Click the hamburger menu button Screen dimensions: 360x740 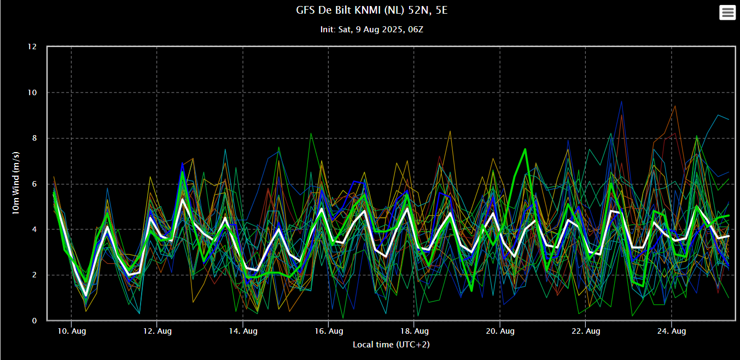click(x=727, y=13)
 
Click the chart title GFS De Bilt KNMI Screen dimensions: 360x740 click(x=371, y=10)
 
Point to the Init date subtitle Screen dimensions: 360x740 click(x=371, y=29)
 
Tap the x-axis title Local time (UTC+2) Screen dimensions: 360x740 click(x=388, y=344)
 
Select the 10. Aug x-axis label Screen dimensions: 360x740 click(x=71, y=331)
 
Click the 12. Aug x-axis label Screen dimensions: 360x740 click(x=157, y=331)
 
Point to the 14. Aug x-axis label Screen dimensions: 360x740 click(x=243, y=331)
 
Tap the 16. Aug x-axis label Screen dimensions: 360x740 click(x=328, y=331)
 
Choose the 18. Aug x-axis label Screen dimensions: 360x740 click(x=414, y=331)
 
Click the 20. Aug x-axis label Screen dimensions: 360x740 click(x=500, y=331)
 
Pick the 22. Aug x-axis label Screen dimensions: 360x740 click(x=585, y=331)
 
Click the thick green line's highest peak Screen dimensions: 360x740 click(x=525, y=149)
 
